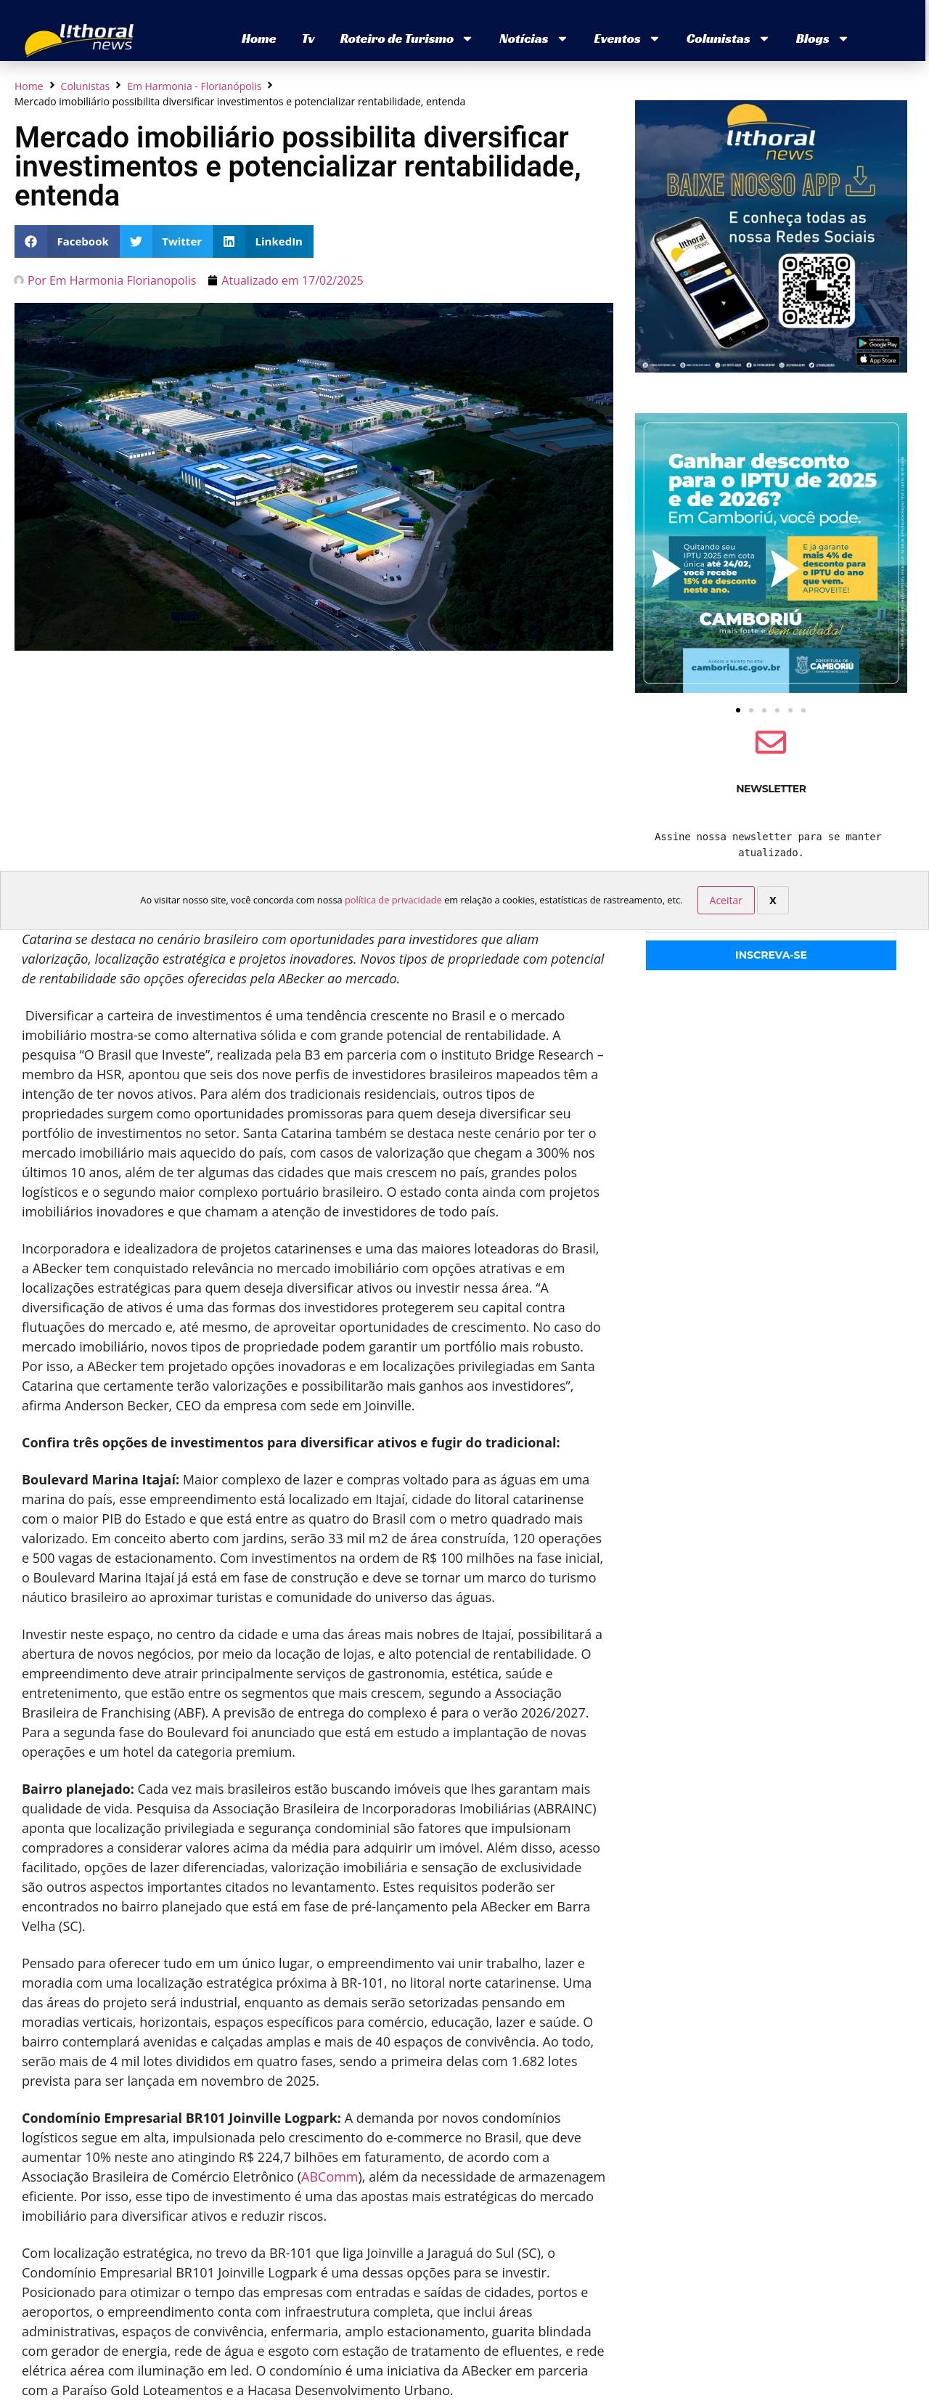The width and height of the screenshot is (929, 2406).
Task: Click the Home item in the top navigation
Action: click(x=258, y=39)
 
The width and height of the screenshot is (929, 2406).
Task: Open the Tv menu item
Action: click(x=308, y=39)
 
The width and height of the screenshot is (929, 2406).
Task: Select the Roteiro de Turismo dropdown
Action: click(x=405, y=39)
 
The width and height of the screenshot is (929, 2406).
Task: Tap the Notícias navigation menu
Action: click(x=532, y=39)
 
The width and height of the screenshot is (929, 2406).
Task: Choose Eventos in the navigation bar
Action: click(x=626, y=39)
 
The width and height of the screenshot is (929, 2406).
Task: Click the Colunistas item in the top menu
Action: click(x=727, y=39)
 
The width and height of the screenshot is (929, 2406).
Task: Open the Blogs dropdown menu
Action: click(x=821, y=39)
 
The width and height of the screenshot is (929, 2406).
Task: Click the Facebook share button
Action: click(x=67, y=242)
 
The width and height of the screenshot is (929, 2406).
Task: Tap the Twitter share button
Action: click(x=166, y=242)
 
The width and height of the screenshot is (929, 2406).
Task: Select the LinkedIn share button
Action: click(x=263, y=242)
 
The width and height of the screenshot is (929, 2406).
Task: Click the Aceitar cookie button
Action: click(x=726, y=901)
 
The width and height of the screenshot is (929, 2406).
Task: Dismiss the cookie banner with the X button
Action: click(x=772, y=901)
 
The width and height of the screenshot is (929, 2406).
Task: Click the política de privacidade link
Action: click(x=393, y=901)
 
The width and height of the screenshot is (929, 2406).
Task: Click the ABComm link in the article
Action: click(x=328, y=2177)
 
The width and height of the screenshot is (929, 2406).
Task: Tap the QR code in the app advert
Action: click(x=816, y=290)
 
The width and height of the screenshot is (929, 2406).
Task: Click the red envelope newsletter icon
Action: click(x=770, y=741)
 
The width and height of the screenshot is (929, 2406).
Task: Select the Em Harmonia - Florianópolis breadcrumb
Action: click(x=195, y=86)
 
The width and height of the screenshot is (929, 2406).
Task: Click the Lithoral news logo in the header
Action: click(x=81, y=39)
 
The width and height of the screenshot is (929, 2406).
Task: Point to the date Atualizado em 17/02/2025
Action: click(x=291, y=280)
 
